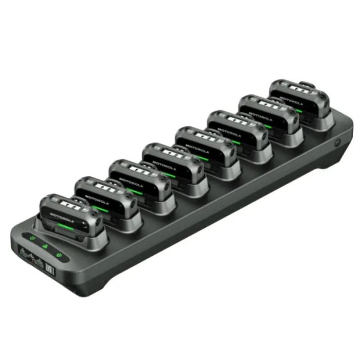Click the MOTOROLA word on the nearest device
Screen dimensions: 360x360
tap(62, 218)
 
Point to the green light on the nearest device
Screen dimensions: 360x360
tap(65, 227)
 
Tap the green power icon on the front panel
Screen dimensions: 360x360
tap(59, 255)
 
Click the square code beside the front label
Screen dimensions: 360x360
tap(50, 269)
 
